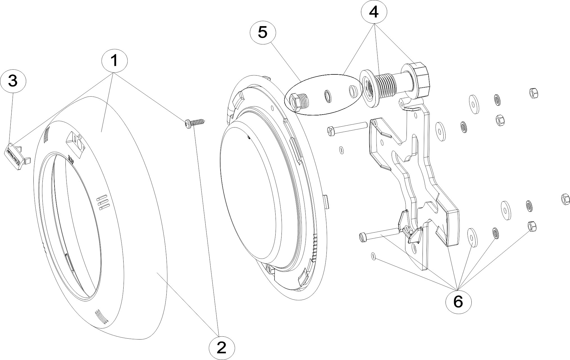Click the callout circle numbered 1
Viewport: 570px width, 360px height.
[x=114, y=60]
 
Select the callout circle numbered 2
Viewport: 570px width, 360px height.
[x=222, y=348]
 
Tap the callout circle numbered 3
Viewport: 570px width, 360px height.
[x=13, y=81]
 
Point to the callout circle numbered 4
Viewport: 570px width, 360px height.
[x=374, y=12]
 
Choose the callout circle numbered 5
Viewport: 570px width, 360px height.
[x=263, y=32]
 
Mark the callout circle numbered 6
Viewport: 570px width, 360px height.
[x=458, y=302]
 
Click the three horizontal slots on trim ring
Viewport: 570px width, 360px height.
[x=102, y=202]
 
